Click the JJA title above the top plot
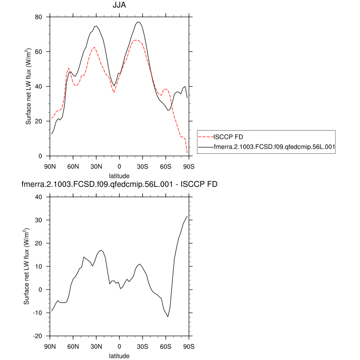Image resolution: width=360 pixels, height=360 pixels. point(120,6)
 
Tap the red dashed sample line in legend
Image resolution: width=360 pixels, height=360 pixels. point(206,137)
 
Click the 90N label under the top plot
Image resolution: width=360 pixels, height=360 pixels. point(50,166)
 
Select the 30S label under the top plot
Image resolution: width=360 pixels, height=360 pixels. point(143,166)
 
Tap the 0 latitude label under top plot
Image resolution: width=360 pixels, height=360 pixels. point(120,166)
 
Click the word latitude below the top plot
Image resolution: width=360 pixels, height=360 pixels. point(120,176)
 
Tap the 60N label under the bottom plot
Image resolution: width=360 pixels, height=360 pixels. point(73,346)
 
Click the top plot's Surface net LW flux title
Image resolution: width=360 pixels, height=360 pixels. point(28,86)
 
